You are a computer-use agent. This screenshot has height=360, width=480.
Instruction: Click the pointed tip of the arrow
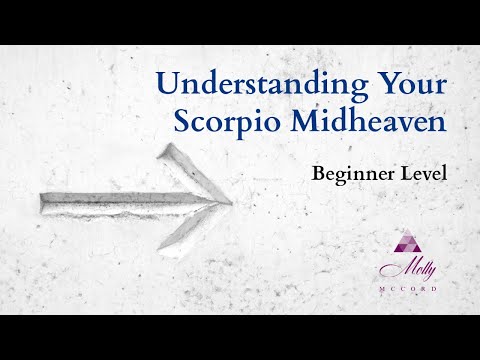coord(231,202)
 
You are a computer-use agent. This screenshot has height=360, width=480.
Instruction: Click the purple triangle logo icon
coord(407,242)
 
